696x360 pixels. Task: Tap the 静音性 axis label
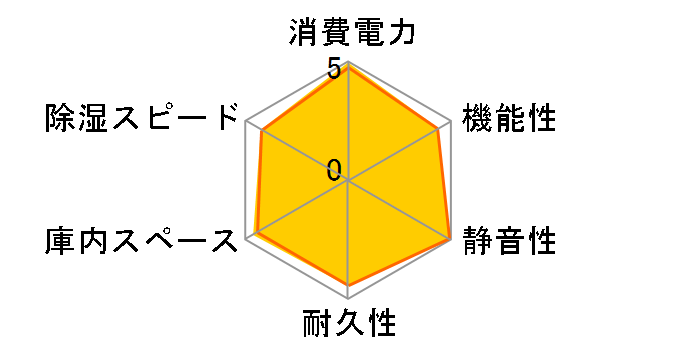[508, 241]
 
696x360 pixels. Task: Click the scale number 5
[332, 70]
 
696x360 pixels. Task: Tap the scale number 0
[334, 167]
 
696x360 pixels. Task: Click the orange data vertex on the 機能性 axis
[439, 128]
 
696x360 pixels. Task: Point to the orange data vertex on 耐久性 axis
[348, 286]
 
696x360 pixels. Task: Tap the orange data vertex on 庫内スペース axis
[257, 233]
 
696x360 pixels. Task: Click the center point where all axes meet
[348, 181]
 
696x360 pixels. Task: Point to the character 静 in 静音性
[476, 241]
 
